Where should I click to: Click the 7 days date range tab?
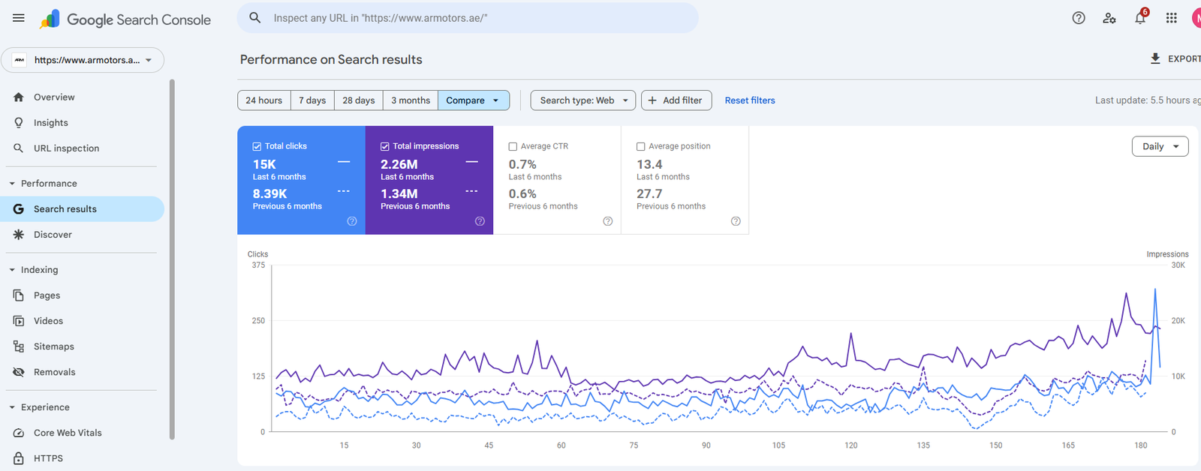(312, 100)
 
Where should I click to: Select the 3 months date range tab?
(411, 100)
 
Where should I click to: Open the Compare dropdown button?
(473, 100)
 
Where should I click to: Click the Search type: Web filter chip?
(583, 100)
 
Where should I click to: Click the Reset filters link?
(749, 100)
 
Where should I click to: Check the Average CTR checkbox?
(513, 147)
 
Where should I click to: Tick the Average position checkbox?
(641, 147)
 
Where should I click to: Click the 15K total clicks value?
(264, 164)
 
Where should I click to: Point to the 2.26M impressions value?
(399, 164)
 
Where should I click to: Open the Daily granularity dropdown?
(1160, 146)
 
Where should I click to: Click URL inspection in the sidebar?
(66, 148)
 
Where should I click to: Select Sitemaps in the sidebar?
(53, 346)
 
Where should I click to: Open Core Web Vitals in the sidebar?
(68, 433)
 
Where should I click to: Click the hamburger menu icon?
(19, 18)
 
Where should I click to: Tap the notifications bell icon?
(1139, 19)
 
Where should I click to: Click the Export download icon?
(1155, 58)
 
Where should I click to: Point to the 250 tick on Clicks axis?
(258, 321)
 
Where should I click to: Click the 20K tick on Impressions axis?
(1178, 321)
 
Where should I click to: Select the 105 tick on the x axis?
(778, 445)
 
